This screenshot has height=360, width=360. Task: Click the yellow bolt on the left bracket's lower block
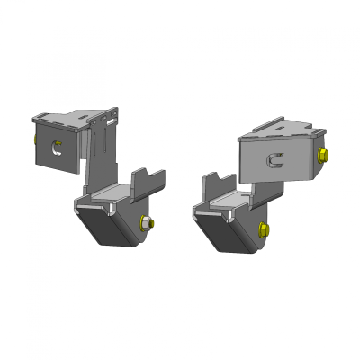point(148,223)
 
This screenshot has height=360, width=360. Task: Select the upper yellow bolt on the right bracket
point(323,154)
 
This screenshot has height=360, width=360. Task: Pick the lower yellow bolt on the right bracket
point(262,230)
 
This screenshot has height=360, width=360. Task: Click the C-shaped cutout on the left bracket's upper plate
point(58,149)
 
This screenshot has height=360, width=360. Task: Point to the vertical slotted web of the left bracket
point(103,153)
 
